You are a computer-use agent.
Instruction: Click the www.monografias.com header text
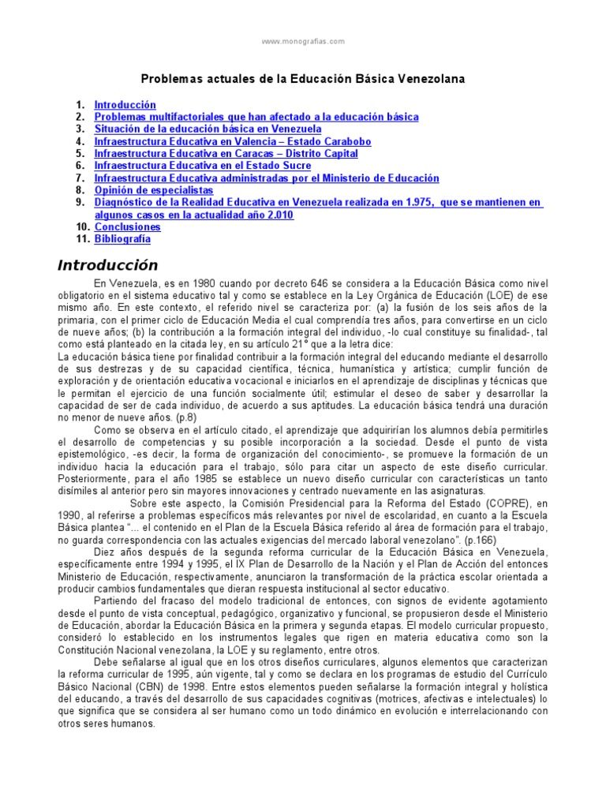[x=303, y=40]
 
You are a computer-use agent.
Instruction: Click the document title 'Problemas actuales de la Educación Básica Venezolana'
[x=303, y=79]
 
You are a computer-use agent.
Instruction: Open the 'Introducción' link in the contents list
[x=125, y=105]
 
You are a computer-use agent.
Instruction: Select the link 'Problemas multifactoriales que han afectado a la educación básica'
[x=256, y=117]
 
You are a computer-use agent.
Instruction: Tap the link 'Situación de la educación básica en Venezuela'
[x=208, y=129]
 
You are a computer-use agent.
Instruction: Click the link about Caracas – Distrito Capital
[x=226, y=154]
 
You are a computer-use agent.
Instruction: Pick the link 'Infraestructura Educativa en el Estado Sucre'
[x=202, y=166]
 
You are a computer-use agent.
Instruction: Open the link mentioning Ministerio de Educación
[x=267, y=178]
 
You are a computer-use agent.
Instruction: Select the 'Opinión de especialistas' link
[x=153, y=190]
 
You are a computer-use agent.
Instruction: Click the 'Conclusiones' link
[x=127, y=227]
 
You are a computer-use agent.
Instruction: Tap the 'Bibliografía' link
[x=122, y=239]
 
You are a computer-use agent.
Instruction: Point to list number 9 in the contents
[x=80, y=203]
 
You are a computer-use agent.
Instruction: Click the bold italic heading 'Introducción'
[x=107, y=265]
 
